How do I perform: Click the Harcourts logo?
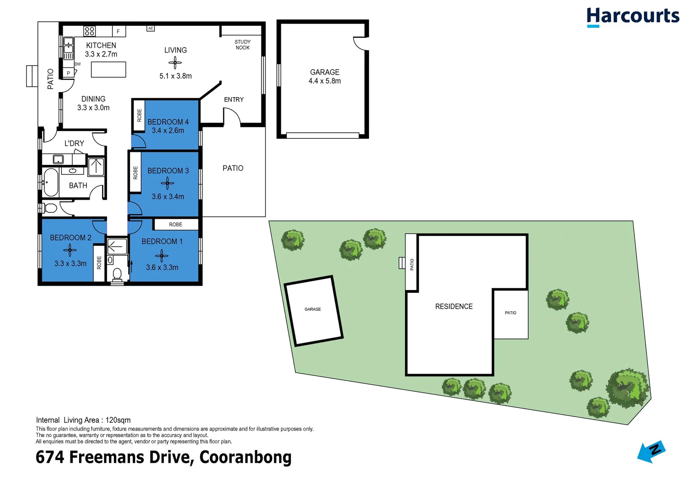(632, 17)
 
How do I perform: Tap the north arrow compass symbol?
(651, 451)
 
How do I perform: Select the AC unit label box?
(151, 28)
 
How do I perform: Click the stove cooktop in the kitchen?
(89, 31)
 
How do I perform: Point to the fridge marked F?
(118, 31)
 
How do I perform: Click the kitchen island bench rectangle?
(108, 70)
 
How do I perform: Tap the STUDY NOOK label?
(242, 45)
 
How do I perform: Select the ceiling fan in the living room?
(175, 63)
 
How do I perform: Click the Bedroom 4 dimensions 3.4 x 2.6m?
(168, 131)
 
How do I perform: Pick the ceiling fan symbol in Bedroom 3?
(168, 183)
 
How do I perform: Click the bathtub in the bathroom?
(51, 183)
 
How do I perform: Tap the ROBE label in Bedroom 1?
(176, 225)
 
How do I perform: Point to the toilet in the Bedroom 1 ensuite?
(117, 274)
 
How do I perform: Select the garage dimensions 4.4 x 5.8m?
(325, 81)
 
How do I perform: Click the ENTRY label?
(234, 99)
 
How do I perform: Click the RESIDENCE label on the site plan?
(454, 306)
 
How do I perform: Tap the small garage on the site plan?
(313, 310)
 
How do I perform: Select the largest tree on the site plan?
(628, 388)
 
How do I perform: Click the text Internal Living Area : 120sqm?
(84, 420)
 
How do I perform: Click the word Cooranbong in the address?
(245, 457)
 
